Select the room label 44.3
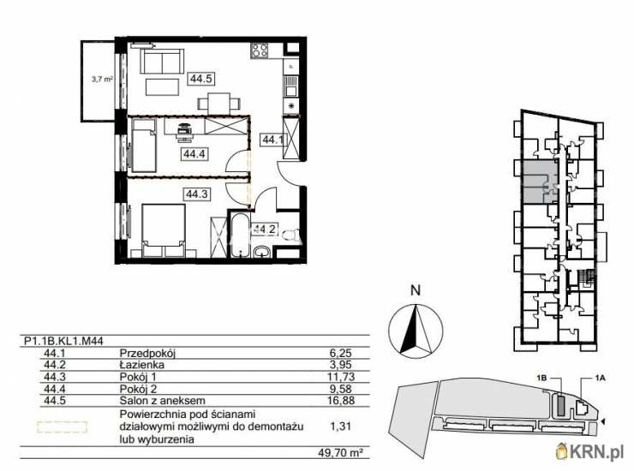(196, 194)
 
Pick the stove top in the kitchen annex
(260, 53)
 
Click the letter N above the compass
(416, 290)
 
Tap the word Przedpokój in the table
(147, 352)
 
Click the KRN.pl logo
(593, 450)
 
